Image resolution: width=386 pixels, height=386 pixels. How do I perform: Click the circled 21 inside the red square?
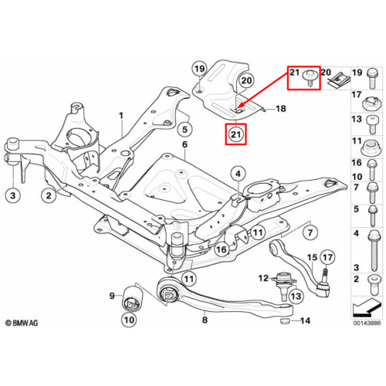click(235, 134)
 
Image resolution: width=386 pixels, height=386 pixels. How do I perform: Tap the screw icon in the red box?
click(310, 78)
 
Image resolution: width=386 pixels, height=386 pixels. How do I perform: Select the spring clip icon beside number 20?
click(339, 80)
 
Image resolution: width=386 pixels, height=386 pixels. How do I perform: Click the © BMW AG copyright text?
click(22, 323)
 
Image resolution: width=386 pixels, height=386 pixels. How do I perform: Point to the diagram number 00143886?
click(367, 323)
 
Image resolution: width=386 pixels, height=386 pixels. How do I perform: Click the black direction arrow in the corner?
click(367, 307)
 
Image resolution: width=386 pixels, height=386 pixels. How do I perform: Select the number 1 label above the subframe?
click(121, 116)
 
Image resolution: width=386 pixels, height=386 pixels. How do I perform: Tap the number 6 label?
click(185, 144)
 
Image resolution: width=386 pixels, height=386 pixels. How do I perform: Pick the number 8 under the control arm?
click(205, 320)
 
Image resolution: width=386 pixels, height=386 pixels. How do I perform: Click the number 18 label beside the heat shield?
click(281, 109)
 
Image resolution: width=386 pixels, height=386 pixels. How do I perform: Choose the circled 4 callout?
click(238, 174)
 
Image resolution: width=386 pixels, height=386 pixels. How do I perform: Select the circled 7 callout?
click(310, 233)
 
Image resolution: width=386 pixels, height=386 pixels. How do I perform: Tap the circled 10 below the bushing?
click(129, 320)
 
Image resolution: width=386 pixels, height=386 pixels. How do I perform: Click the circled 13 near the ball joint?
click(296, 296)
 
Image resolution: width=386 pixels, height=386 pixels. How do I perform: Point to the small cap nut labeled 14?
click(285, 321)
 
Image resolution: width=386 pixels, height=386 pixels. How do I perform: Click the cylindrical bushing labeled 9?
click(132, 298)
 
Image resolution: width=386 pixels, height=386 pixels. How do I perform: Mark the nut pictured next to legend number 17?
click(370, 104)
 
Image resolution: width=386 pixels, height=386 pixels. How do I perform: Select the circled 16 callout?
click(222, 249)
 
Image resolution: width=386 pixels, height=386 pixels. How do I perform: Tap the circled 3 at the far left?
click(13, 195)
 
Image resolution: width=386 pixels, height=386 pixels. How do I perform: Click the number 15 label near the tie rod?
click(312, 258)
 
